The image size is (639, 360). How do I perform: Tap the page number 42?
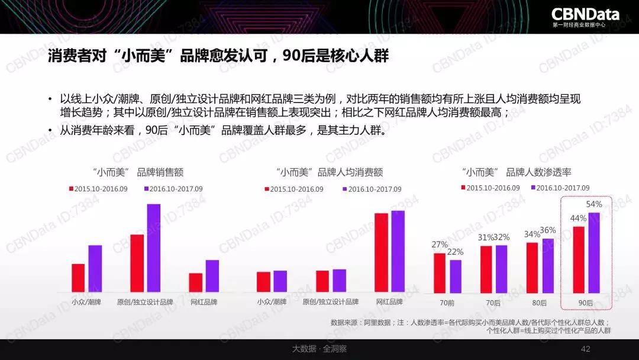(x=586, y=349)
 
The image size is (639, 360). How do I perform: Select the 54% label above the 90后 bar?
(x=593, y=204)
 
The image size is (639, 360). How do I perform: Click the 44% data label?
(x=578, y=218)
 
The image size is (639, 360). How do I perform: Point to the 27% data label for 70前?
(x=440, y=245)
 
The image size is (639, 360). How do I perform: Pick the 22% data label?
(x=456, y=252)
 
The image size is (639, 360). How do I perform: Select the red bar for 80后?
(x=532, y=268)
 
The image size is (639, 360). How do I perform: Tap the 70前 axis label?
(x=447, y=302)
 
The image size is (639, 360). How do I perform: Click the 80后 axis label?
(x=540, y=302)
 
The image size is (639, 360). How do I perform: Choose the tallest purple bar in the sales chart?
(x=154, y=248)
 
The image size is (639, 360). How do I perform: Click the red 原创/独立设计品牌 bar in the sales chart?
(x=137, y=263)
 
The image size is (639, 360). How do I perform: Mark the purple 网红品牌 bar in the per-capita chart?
(x=398, y=251)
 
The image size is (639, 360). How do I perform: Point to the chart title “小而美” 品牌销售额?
(x=138, y=172)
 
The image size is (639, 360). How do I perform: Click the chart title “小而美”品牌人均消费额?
(x=330, y=172)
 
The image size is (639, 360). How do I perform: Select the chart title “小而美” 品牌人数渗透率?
(x=516, y=172)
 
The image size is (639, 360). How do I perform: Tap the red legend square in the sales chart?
(x=71, y=189)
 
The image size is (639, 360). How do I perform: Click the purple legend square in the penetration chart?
(x=533, y=188)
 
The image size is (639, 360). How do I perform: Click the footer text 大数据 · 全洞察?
(x=319, y=349)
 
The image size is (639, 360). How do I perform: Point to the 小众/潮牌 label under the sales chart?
(x=86, y=302)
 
